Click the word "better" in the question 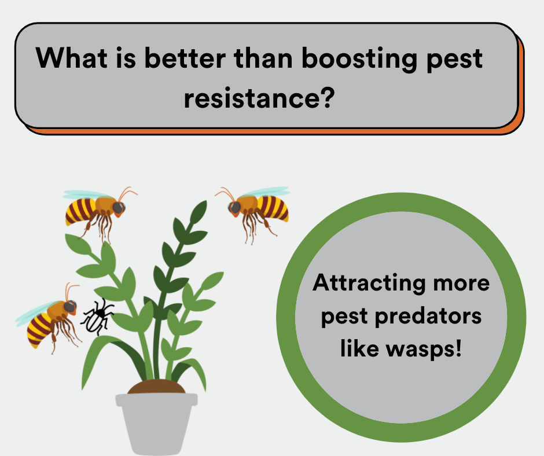(185, 58)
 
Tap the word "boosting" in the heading (359, 59)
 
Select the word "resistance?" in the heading (259, 98)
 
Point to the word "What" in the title (71, 58)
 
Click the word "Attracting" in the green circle (369, 283)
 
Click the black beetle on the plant (97, 316)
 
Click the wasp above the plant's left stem (99, 212)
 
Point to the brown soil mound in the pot (156, 387)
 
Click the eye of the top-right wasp (235, 207)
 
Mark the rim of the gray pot (156, 399)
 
